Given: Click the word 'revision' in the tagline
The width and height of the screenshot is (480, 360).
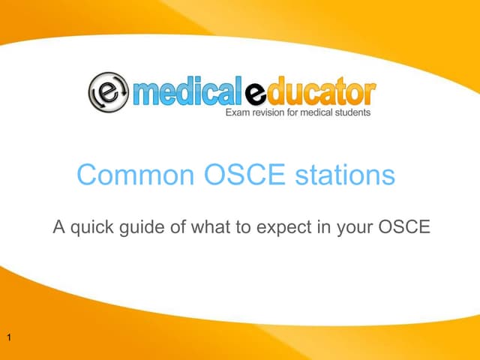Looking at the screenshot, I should pos(271,113).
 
